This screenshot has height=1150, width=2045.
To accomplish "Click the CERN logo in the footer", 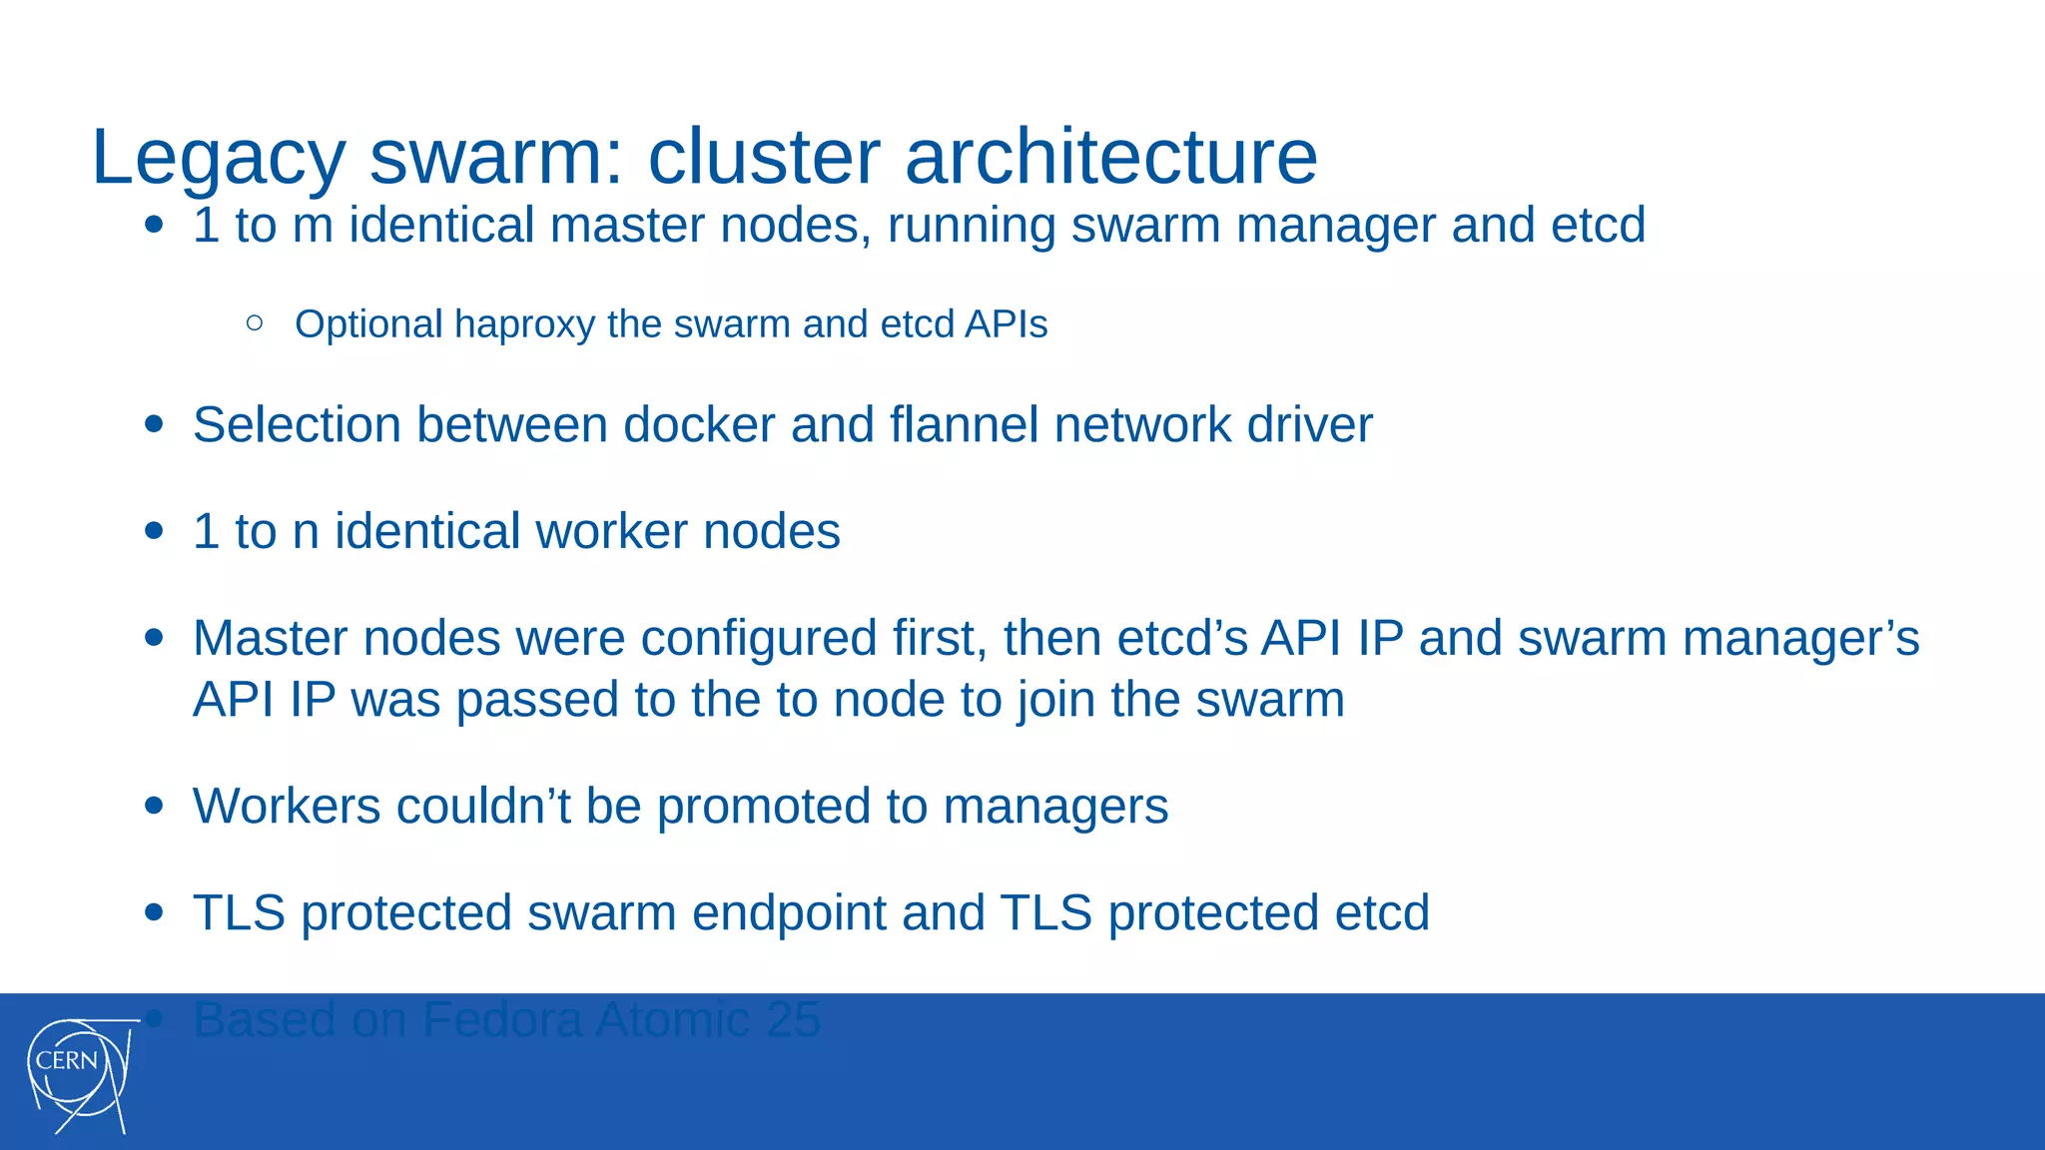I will (x=80, y=1074).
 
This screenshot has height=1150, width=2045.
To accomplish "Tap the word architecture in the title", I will (x=1110, y=158).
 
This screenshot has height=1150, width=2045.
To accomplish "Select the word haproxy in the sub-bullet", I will (x=524, y=325).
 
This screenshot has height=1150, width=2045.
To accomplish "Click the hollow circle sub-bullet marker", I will (x=255, y=322).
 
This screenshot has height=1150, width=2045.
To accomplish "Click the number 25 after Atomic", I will (x=793, y=1020).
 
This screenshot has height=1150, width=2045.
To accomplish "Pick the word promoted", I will (x=763, y=807).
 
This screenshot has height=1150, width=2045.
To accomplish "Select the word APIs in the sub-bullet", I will (x=1006, y=325).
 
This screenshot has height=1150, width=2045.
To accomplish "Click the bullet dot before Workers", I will (x=154, y=805).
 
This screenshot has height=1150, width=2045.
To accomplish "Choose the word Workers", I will (x=287, y=807).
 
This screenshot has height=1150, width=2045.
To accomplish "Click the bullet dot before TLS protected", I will (x=154, y=911).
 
